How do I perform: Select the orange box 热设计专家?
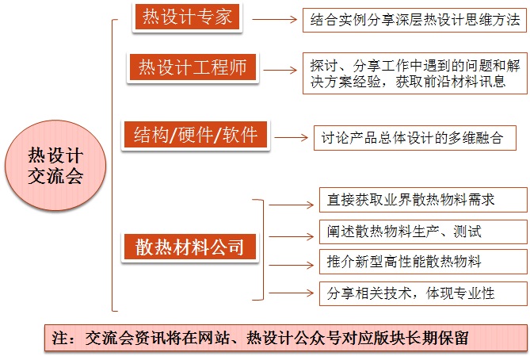point(187,17)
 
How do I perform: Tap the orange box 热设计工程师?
point(193,68)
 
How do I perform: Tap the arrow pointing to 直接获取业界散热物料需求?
point(292,204)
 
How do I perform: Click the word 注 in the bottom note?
point(60,338)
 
